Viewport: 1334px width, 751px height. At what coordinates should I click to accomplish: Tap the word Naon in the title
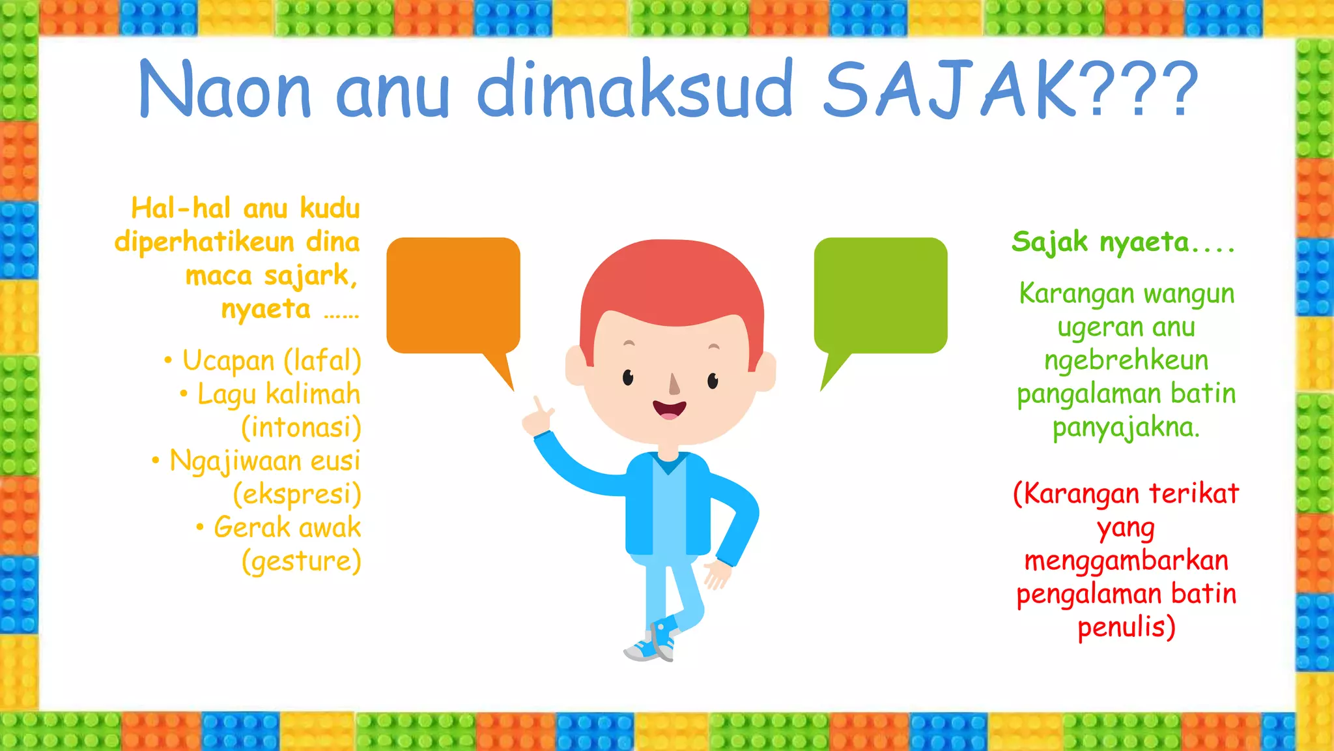tap(225, 90)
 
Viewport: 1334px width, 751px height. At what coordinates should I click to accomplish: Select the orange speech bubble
tap(453, 295)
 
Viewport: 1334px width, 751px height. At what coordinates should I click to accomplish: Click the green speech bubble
tap(881, 295)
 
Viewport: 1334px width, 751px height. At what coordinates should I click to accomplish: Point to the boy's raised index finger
tap(538, 405)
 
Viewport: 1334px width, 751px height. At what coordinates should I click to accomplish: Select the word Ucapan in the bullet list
tap(228, 361)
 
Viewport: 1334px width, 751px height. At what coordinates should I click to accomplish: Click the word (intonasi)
tap(301, 428)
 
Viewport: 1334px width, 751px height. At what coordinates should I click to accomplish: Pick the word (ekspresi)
tap(297, 494)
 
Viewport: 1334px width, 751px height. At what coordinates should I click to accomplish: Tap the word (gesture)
tap(301, 561)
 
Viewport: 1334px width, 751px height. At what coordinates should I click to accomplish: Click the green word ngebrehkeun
tap(1126, 361)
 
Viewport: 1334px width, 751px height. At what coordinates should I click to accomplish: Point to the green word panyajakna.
tap(1126, 428)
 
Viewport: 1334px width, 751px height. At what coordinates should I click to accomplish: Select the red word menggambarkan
tap(1126, 561)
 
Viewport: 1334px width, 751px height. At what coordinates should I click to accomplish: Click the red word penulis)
tap(1126, 627)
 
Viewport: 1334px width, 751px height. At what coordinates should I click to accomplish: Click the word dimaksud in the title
tap(635, 90)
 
